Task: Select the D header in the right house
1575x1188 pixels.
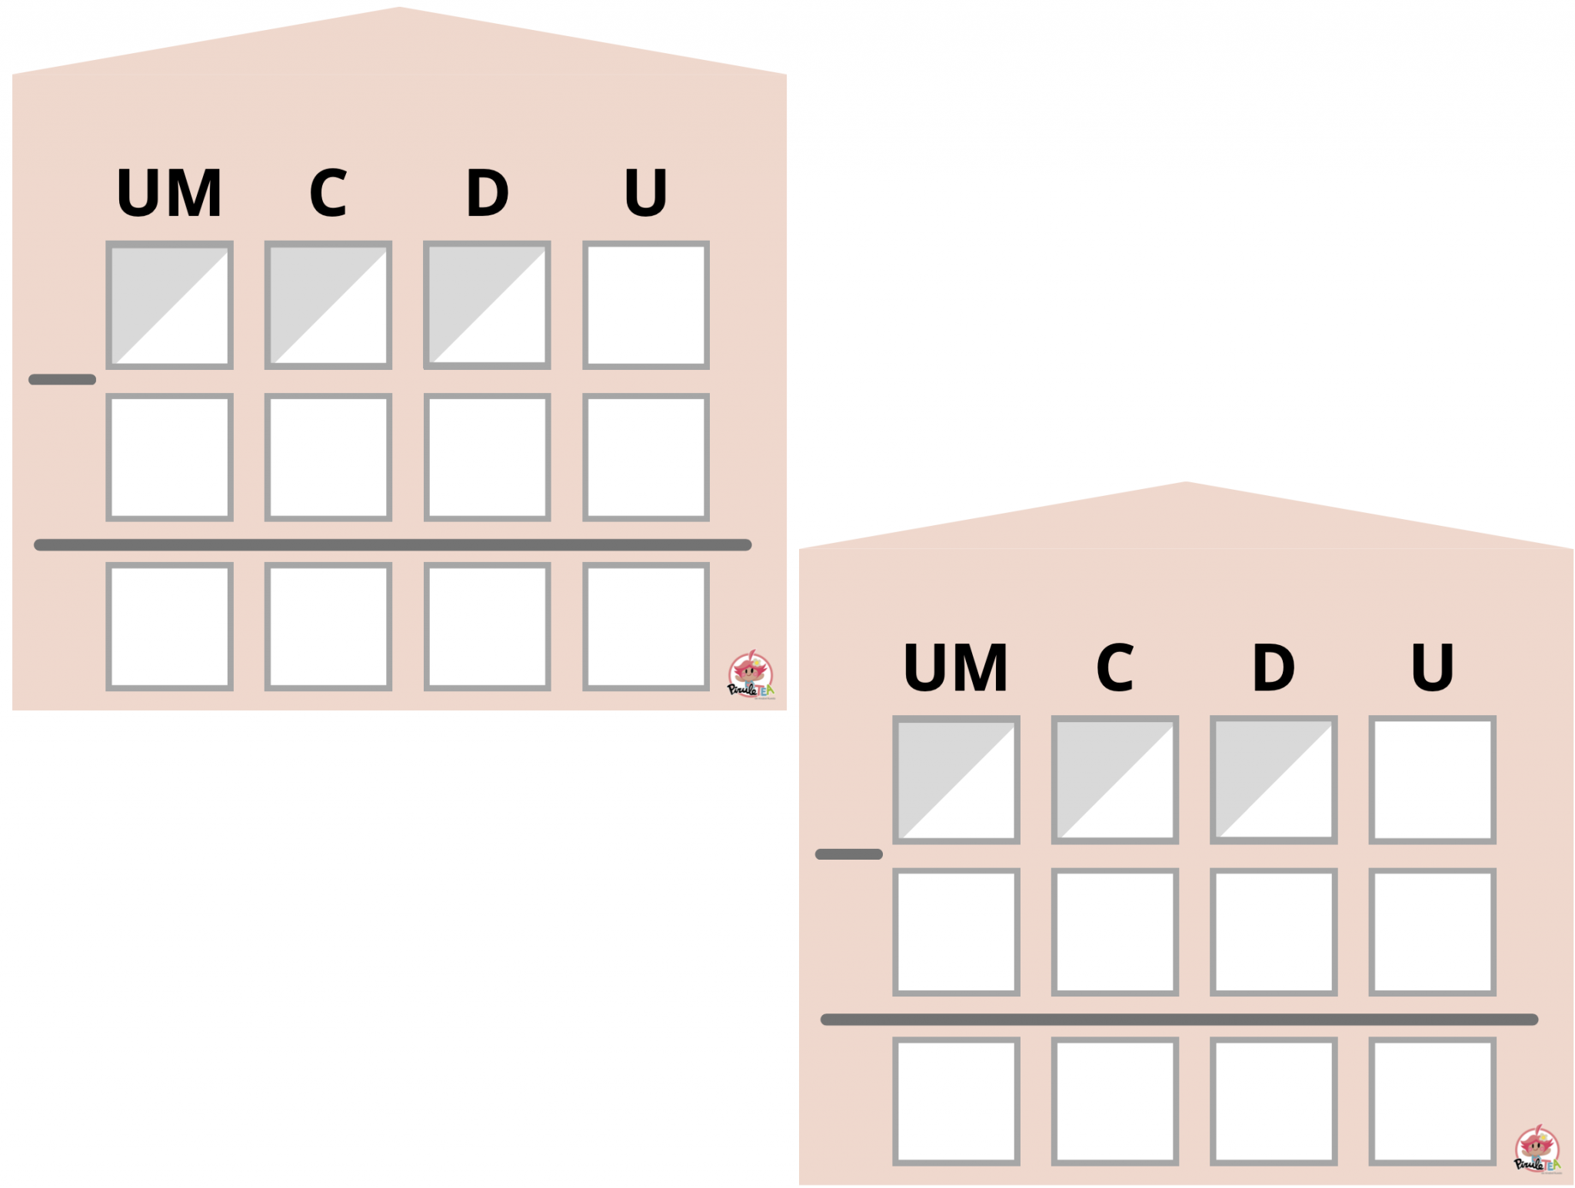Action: pos(1274,667)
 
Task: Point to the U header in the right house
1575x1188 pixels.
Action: pos(1432,667)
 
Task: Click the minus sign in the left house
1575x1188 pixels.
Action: pos(62,379)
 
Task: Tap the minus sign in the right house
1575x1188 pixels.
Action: pos(849,854)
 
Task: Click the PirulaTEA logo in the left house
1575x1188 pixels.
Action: pos(751,675)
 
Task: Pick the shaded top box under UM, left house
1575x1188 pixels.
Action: pos(169,305)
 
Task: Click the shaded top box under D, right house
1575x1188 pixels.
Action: pos(1274,780)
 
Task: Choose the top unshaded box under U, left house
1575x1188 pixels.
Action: pos(646,305)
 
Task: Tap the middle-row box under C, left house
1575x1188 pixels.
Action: pos(328,458)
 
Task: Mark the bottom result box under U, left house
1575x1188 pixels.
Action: pos(646,627)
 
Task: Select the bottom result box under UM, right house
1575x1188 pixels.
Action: pos(956,1101)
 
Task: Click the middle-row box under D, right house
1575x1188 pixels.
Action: pos(1274,932)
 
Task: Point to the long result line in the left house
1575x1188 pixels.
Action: pos(392,545)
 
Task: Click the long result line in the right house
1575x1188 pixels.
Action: pos(1179,1020)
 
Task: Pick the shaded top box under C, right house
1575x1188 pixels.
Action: pos(1115,780)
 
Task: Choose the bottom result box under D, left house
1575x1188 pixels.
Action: pos(487,627)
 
